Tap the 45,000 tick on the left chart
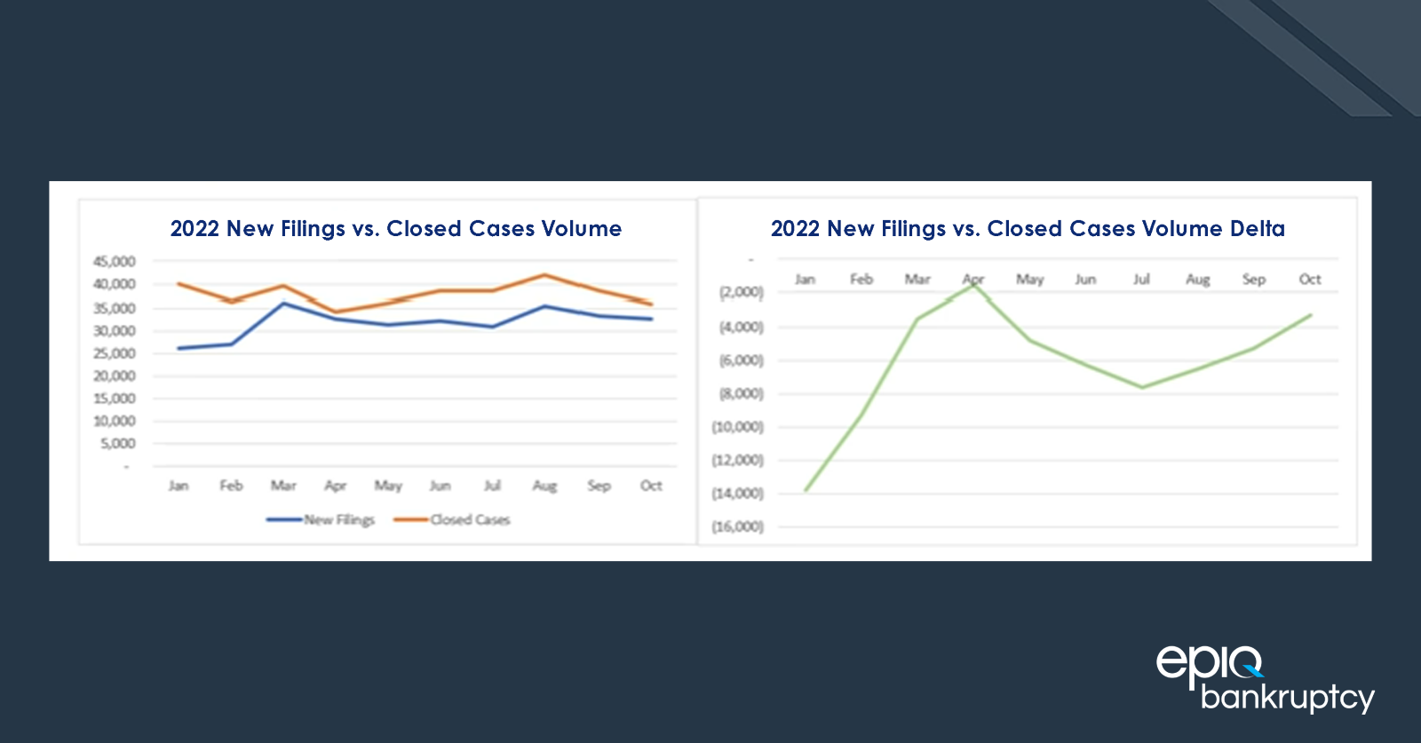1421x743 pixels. (x=115, y=262)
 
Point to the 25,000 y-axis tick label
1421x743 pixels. (x=115, y=353)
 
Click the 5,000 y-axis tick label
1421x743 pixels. (x=118, y=444)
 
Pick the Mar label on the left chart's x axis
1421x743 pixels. (x=283, y=486)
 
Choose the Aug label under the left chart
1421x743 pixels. (x=544, y=486)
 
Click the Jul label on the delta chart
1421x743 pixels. (x=1141, y=280)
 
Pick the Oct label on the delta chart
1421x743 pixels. (x=1310, y=280)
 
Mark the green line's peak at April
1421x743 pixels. (x=974, y=283)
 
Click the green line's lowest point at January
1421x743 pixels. (x=806, y=490)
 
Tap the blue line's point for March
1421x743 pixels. (x=283, y=304)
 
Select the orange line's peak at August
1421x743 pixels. (x=544, y=275)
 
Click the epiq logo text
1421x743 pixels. (x=1208, y=664)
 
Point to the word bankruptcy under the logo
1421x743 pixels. (x=1287, y=698)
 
